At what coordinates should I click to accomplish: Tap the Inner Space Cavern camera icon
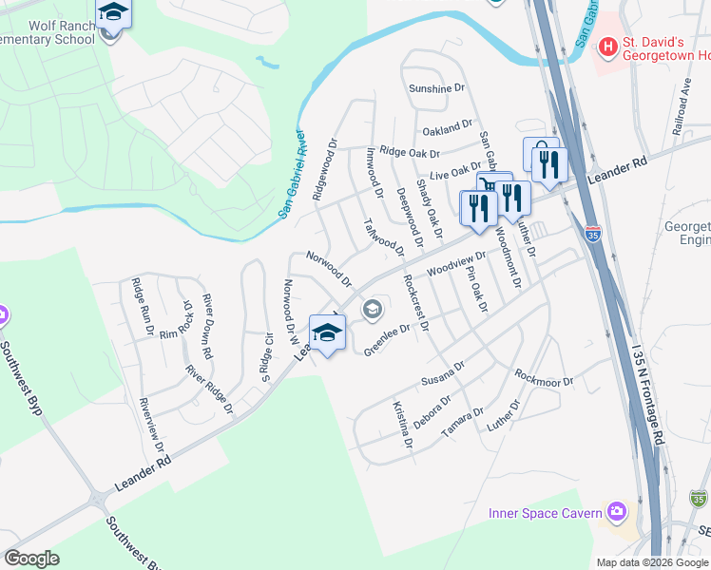pos(619,513)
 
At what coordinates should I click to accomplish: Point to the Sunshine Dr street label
pos(436,88)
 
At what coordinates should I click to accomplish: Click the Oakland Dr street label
pos(447,126)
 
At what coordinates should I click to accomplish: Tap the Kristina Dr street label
pos(403,424)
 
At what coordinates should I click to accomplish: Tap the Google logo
pos(31,559)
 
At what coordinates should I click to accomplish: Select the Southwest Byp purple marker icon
pos(3,314)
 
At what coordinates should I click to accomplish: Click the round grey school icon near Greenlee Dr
pos(372,309)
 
